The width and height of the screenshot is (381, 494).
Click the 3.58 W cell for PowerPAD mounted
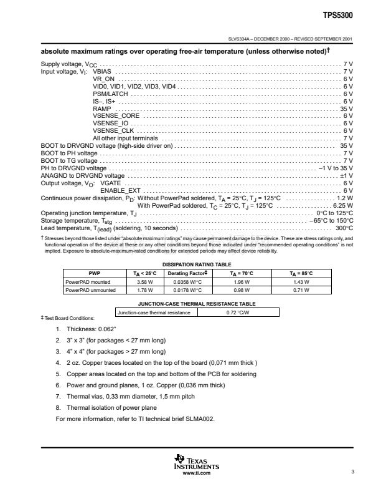pos(135,281)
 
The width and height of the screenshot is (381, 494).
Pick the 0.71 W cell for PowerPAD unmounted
pos(301,289)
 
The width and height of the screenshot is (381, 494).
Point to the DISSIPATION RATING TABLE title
pos(197,264)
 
